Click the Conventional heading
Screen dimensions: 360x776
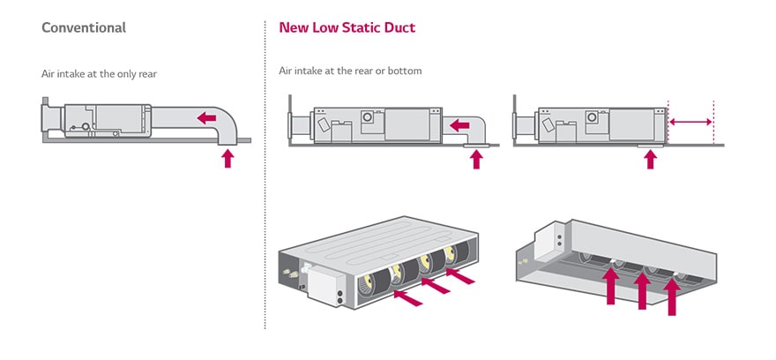point(84,27)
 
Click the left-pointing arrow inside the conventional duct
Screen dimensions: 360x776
point(207,117)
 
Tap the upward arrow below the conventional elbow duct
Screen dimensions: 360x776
point(228,158)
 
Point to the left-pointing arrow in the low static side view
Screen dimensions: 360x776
point(459,125)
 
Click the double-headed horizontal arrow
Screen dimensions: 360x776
point(690,122)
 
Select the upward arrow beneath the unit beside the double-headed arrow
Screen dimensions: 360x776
point(651,159)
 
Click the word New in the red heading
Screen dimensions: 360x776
point(294,27)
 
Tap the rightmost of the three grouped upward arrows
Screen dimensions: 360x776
point(673,298)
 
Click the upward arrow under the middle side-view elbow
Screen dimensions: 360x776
point(477,159)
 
